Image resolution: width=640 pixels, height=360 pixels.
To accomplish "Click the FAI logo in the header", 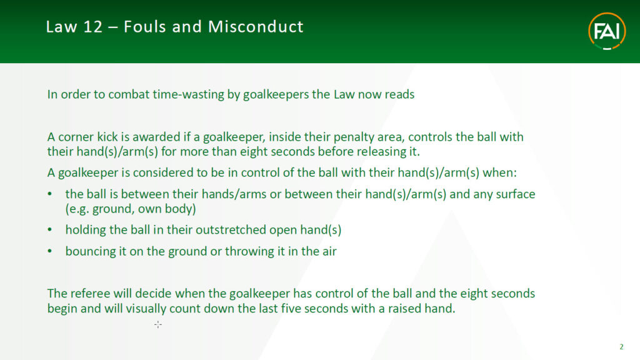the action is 607,31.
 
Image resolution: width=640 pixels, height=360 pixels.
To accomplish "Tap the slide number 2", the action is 622,347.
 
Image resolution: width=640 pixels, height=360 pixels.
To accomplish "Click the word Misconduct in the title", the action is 256,27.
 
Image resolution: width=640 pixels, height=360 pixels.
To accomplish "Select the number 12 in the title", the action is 92,27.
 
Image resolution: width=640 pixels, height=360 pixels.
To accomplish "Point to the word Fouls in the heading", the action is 144,27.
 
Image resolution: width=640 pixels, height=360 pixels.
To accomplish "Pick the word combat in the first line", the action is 129,94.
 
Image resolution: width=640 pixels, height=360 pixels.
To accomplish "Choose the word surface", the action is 516,194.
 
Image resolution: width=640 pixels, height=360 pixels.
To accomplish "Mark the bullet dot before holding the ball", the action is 50,230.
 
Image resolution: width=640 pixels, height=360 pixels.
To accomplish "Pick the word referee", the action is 90,294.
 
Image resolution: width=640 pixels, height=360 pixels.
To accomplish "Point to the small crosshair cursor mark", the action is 158,324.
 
